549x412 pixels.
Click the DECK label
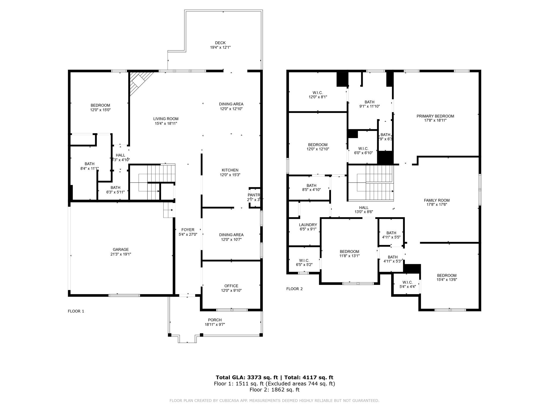220,43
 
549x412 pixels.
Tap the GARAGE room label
121,249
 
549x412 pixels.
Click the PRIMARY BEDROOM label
435,116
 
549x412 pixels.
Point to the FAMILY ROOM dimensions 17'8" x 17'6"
437,205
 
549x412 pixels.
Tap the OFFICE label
231,286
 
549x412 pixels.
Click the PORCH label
215,320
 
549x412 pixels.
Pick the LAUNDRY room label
308,225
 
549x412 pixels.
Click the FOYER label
188,230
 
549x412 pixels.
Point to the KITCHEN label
230,170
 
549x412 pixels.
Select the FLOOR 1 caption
76,311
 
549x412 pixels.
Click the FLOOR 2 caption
294,289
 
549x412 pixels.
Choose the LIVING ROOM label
166,119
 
